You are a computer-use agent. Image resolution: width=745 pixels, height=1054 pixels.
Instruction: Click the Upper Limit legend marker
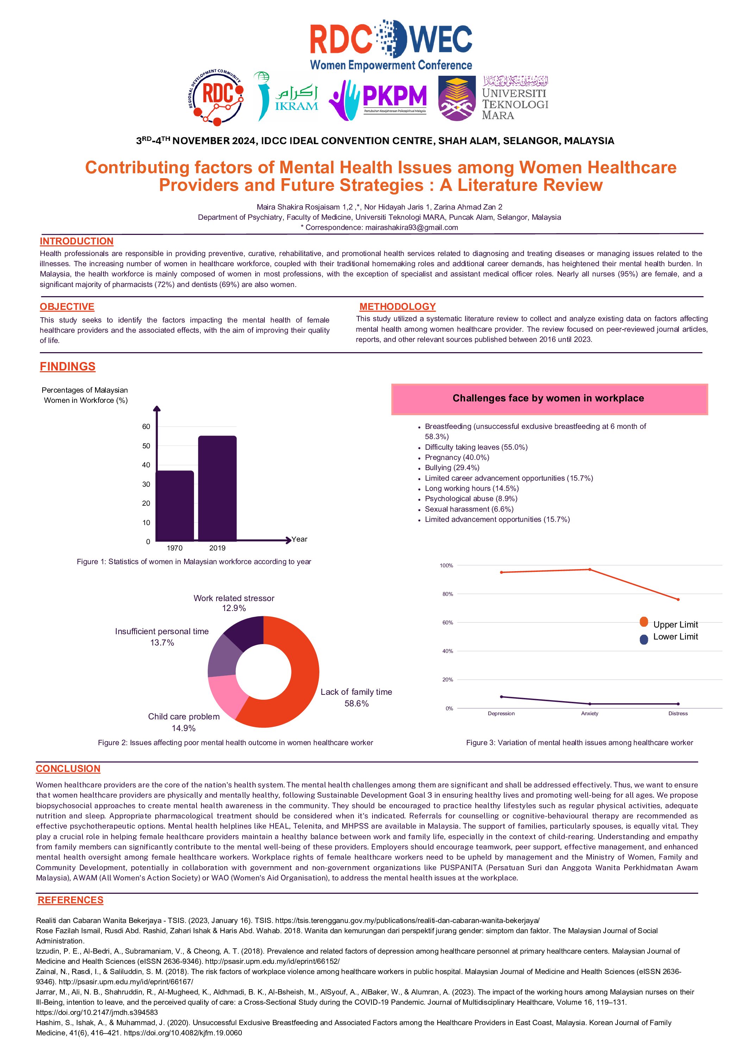click(x=644, y=622)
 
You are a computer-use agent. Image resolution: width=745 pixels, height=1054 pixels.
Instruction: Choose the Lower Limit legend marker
click(x=644, y=639)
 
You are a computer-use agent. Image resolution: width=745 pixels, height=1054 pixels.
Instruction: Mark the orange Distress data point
click(x=678, y=599)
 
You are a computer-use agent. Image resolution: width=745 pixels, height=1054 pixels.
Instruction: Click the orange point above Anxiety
click(x=590, y=570)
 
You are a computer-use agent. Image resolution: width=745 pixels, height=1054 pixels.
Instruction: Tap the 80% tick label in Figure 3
click(x=447, y=594)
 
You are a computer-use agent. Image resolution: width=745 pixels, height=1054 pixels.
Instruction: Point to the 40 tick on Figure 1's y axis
click(x=146, y=465)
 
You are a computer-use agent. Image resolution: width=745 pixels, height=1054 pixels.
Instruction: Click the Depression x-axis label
click(x=501, y=713)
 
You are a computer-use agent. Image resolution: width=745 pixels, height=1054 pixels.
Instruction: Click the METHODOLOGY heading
click(x=397, y=307)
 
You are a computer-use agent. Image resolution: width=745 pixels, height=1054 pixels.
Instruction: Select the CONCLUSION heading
click(x=68, y=768)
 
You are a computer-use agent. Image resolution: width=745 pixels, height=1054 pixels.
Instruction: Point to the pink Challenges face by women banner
click(x=549, y=399)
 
